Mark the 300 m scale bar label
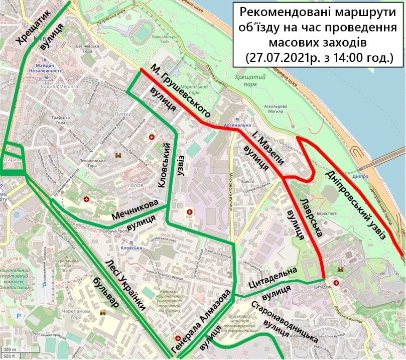9,349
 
